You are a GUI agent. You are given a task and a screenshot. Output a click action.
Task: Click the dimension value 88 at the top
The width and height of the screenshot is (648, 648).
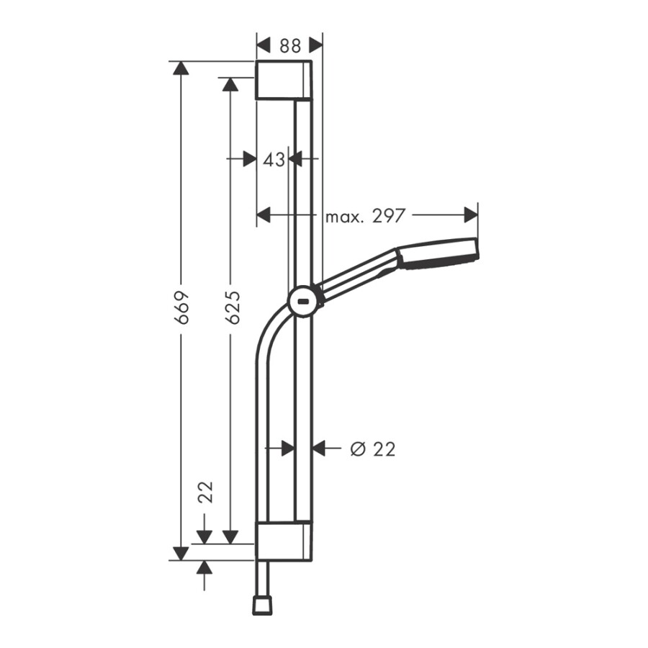click(289, 45)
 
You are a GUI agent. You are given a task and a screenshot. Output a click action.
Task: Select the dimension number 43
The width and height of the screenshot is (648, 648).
click(274, 159)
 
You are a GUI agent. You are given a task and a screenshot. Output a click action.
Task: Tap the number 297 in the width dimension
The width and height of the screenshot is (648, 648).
click(389, 215)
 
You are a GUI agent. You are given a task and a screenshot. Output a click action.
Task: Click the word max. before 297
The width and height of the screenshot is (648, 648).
click(344, 215)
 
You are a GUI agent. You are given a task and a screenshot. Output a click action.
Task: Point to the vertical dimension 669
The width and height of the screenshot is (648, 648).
click(182, 307)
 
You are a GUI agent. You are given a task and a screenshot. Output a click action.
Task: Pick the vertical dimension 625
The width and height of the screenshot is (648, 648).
click(231, 307)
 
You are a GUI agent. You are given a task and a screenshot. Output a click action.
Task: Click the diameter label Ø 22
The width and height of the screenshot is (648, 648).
click(372, 449)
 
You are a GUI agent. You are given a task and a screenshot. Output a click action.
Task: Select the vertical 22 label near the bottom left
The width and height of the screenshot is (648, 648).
click(206, 492)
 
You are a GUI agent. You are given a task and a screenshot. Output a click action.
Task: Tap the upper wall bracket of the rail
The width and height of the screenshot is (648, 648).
click(284, 80)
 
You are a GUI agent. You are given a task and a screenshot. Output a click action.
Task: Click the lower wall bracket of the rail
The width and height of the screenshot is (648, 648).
click(284, 541)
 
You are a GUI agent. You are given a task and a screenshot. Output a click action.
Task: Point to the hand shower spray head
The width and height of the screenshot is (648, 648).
click(437, 254)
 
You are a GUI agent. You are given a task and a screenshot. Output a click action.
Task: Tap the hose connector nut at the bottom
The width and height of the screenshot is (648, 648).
click(261, 606)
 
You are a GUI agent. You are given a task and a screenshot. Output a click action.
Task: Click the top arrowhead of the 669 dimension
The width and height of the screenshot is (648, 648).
click(180, 69)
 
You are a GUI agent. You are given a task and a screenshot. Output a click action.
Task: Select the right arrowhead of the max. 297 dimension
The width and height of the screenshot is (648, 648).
click(471, 215)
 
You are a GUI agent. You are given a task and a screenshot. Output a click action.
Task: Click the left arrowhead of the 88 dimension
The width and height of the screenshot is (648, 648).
click(264, 45)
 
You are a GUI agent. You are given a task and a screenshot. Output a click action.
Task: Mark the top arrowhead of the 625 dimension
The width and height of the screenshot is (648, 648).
click(230, 85)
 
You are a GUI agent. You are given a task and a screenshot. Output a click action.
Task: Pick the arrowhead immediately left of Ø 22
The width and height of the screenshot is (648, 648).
click(320, 449)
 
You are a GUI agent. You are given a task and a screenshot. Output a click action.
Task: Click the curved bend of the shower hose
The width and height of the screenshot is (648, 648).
click(268, 331)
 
